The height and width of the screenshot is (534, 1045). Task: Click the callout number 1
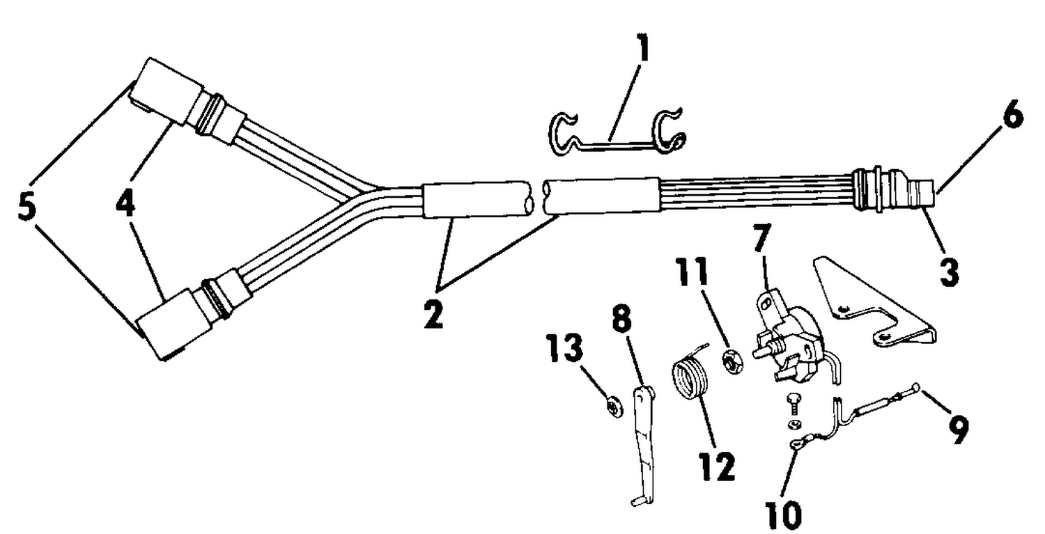643,47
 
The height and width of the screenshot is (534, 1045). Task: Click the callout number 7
761,238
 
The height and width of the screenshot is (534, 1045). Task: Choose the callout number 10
784,515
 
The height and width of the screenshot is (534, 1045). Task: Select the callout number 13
565,347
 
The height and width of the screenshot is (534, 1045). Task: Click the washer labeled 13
615,407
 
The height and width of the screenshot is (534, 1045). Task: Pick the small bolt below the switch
793,405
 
